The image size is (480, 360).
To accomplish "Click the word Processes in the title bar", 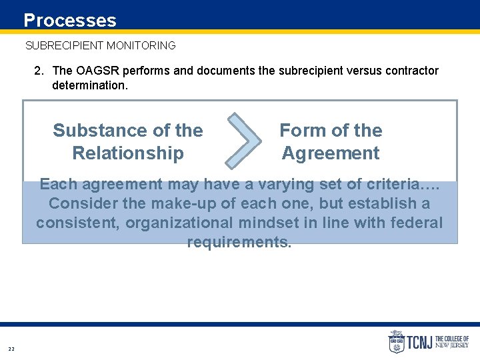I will [70, 21].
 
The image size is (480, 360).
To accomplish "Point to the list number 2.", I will [39, 71].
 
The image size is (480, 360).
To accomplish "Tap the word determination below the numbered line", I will [89, 85].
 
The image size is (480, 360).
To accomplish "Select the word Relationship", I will [128, 153].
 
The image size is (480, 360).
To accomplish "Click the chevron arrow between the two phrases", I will [244, 140].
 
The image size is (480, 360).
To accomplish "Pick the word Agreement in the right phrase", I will [331, 153].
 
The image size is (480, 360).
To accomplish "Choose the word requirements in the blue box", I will [239, 242].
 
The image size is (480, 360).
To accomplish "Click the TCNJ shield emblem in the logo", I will [396, 342].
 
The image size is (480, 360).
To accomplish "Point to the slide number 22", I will [11, 349].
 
